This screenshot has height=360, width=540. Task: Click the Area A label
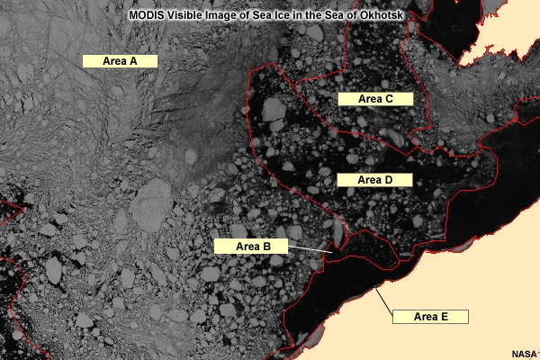click(x=120, y=61)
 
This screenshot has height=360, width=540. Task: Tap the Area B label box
click(x=247, y=246)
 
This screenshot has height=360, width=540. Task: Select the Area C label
click(x=374, y=99)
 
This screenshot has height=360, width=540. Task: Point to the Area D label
click(x=374, y=180)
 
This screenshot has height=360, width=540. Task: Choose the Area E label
click(x=430, y=317)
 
